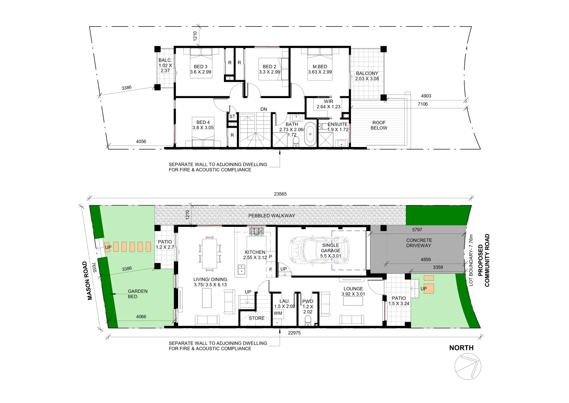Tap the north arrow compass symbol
pos(468,366)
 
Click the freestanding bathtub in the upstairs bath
pos(310,134)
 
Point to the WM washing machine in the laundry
pos(278,313)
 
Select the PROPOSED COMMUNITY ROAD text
pos(483,260)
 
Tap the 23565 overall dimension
pos(280,194)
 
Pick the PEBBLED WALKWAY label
pos(272,216)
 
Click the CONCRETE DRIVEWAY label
pos(419,243)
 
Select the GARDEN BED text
pos(137,294)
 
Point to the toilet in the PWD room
pos(308,320)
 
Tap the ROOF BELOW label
pos(379,125)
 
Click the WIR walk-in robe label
pos(328,101)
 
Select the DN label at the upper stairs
pos(263,109)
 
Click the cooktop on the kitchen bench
pos(256,232)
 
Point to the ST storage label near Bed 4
pos(232,117)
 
